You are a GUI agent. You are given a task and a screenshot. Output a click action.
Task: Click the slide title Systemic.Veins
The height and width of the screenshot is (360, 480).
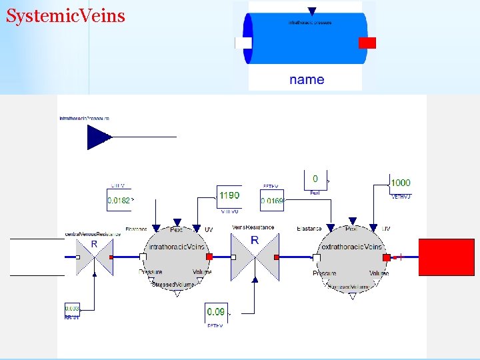coord(65,15)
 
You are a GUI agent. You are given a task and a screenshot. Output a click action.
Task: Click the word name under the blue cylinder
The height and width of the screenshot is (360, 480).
coord(307,79)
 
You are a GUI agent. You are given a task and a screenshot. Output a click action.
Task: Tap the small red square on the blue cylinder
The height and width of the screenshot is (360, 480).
coord(367,43)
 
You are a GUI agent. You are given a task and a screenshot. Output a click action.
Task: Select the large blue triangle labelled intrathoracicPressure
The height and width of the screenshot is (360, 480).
coord(99,137)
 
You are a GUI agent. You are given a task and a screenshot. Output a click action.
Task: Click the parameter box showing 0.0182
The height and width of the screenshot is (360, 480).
coord(120,199)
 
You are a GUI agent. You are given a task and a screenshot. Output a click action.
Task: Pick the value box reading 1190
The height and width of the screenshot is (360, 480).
coord(229,196)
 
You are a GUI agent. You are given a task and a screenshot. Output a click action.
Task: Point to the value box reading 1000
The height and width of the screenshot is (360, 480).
coord(400,183)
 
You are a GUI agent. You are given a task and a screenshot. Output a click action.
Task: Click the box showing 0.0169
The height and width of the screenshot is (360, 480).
coord(272,200)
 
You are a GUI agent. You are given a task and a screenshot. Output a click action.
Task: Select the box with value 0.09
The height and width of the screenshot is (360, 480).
coord(216,311)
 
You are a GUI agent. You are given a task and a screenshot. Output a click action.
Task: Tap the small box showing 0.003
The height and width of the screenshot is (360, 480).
coord(72,309)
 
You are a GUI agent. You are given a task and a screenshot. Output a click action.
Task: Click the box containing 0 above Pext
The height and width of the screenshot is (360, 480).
coord(315,179)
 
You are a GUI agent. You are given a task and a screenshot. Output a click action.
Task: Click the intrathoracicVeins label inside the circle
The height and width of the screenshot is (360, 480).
coord(177,247)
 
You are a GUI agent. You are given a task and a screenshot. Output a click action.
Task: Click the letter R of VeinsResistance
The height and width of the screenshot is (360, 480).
coord(255,240)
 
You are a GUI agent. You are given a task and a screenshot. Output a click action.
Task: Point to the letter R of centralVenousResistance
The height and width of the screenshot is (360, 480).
coord(94,245)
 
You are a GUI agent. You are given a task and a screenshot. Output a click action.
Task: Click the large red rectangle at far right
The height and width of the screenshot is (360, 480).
coord(446,257)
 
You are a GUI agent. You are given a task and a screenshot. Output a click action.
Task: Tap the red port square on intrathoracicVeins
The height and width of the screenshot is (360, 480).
coord(209,257)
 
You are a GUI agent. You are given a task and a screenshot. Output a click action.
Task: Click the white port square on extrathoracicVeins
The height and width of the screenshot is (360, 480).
coord(317,257)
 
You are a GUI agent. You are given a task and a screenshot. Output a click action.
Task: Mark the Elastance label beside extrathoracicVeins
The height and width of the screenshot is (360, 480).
coord(309,229)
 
